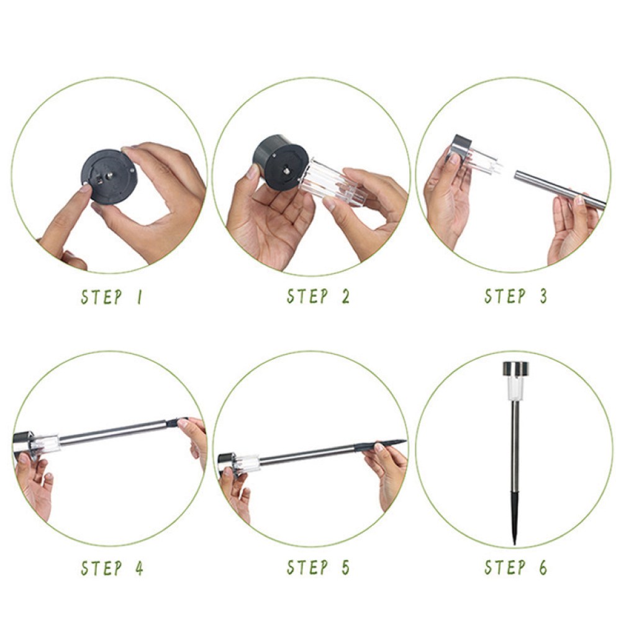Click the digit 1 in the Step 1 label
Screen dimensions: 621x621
(x=139, y=297)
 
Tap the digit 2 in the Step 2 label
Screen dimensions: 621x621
(x=346, y=296)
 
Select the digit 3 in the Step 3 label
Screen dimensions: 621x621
(x=544, y=296)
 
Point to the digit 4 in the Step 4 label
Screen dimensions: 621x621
(x=139, y=568)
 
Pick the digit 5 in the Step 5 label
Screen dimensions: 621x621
(x=346, y=568)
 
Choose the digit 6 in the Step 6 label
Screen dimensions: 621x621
(x=543, y=568)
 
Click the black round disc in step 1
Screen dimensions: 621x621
(x=109, y=176)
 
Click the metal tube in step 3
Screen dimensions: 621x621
(x=560, y=189)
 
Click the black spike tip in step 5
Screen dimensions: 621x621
(x=380, y=445)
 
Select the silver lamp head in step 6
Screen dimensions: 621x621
(x=515, y=369)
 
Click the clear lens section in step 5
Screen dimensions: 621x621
(x=246, y=464)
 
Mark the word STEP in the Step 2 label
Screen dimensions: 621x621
(x=308, y=296)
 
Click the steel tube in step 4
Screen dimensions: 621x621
(x=113, y=433)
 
